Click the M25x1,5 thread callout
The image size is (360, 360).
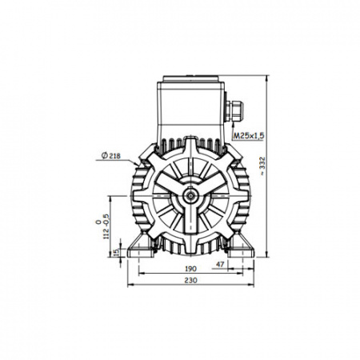[x=249, y=136]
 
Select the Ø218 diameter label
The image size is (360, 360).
[x=111, y=156]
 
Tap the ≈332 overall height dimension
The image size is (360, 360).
[x=262, y=166]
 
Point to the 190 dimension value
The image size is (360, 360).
[x=190, y=269]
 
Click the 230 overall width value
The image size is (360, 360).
[x=191, y=280]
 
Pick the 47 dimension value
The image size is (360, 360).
[x=220, y=265]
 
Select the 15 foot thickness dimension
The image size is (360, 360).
[x=116, y=252]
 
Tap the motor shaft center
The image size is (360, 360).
[x=190, y=196]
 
